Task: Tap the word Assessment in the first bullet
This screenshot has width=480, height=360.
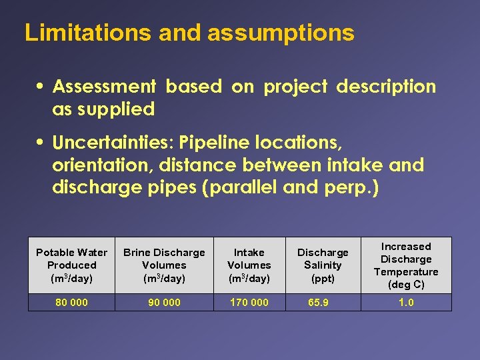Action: [x=104, y=87]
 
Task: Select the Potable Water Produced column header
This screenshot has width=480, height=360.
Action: [x=71, y=265]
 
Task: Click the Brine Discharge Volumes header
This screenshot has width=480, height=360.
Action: [x=164, y=265]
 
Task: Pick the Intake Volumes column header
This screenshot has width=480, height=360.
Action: [x=249, y=265]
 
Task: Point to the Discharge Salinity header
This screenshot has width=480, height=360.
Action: [x=323, y=265]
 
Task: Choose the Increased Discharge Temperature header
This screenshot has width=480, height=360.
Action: [x=406, y=265]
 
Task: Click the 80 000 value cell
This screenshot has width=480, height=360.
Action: [x=71, y=303]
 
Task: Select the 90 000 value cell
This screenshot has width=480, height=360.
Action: [x=164, y=303]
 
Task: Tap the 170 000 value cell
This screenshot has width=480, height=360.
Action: [x=249, y=303]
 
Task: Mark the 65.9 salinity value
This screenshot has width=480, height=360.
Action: [x=319, y=303]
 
